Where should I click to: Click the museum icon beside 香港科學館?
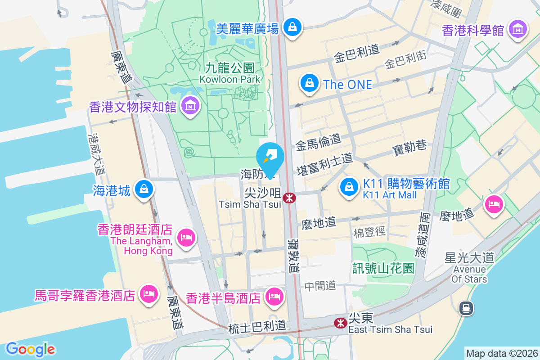(518, 30)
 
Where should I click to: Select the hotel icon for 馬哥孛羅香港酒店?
(148, 295)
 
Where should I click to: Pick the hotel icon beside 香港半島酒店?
(274, 297)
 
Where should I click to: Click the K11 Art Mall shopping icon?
(349, 187)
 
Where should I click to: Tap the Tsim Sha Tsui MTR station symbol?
(289, 198)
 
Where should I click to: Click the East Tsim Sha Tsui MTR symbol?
(340, 323)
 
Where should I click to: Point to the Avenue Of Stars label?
(470, 274)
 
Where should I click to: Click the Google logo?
(30, 349)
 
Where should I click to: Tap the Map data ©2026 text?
(501, 354)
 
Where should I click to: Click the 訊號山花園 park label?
(383, 269)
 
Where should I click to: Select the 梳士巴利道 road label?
(257, 328)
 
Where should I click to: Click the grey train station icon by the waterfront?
(466, 308)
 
